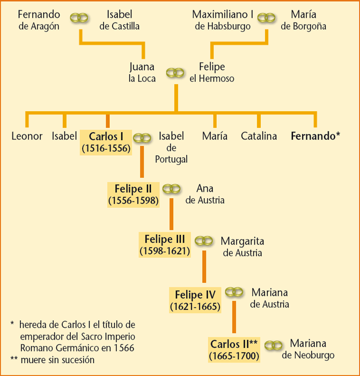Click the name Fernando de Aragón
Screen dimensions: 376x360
point(39,20)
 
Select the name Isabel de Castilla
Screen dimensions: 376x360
point(119,20)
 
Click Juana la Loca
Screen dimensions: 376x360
point(142,73)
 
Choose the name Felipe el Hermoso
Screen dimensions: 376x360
point(211,73)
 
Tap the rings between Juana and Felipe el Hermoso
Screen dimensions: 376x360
point(175,73)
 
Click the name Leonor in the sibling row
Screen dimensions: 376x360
point(27,136)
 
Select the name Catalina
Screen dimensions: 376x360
point(259,136)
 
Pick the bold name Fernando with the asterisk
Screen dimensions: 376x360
point(315,136)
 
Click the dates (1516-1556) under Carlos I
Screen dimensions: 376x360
point(106,148)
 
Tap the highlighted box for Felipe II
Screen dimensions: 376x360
point(134,194)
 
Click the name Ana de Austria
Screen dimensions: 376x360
point(205,194)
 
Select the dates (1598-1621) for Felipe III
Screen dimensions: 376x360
point(165,251)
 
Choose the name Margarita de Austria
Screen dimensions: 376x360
point(243,247)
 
